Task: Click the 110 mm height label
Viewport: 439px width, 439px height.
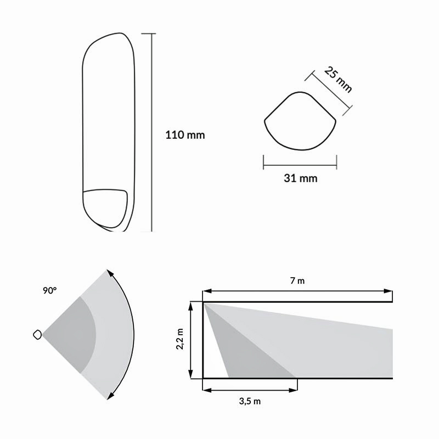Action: [185, 135]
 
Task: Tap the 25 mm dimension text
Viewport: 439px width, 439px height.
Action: [338, 80]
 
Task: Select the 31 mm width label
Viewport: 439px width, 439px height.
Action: [300, 178]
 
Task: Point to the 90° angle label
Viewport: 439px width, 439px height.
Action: [50, 291]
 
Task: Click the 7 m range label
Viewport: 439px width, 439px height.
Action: [297, 280]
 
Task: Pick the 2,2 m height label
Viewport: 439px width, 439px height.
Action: [180, 339]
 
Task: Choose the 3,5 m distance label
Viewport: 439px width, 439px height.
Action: [250, 401]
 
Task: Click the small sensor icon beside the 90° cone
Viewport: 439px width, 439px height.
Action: [37, 335]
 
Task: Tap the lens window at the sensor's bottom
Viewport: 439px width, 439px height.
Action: [105, 208]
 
